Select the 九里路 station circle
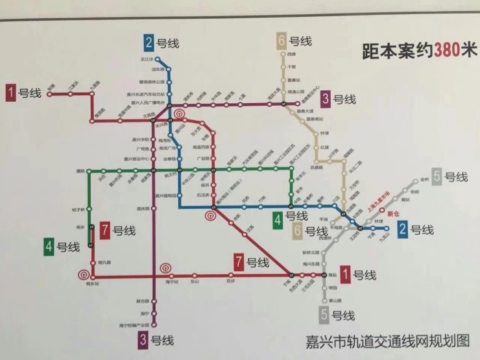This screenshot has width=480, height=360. (x=93, y=94)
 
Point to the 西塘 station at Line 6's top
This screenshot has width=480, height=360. (x=283, y=55)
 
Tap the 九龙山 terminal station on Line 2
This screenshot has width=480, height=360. (x=386, y=228)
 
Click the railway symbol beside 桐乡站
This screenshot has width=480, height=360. (x=82, y=272)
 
